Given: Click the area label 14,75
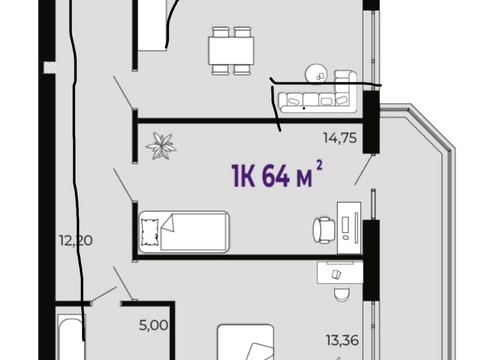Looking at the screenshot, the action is click(x=340, y=137).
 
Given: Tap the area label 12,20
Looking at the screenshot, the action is click(x=76, y=240).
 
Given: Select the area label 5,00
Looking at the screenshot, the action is click(x=154, y=325).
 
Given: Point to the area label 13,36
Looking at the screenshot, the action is click(x=342, y=340).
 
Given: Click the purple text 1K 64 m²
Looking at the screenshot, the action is click(x=277, y=175).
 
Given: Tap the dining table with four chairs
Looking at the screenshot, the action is click(x=231, y=50).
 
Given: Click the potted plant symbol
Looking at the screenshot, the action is click(x=161, y=146).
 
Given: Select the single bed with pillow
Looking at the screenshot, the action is click(x=184, y=232).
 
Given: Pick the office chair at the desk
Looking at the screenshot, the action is click(x=324, y=230).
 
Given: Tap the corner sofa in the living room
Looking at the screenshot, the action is click(x=318, y=92).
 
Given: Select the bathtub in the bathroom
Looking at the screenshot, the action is click(x=71, y=337).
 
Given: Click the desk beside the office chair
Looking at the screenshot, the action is click(x=349, y=228).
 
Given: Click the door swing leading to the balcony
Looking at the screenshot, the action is click(x=363, y=170).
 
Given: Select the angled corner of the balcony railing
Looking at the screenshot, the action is click(x=432, y=127).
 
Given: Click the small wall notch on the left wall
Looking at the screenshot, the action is click(x=49, y=67).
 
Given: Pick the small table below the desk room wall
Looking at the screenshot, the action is click(x=340, y=273).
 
